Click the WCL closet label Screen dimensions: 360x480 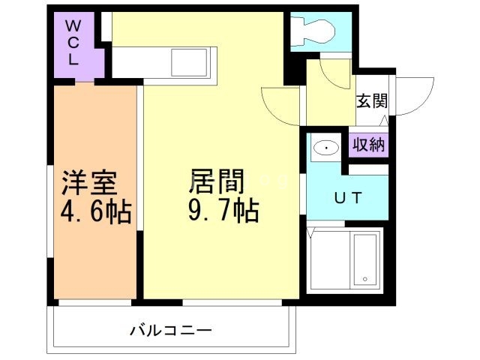(73, 42)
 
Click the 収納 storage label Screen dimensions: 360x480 (370, 145)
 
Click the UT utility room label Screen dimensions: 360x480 (348, 198)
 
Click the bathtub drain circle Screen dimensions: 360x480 (365, 280)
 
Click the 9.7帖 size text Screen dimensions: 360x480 (223, 211)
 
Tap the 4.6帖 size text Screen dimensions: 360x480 (96, 211)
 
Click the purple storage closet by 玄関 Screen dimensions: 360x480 (370, 145)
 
